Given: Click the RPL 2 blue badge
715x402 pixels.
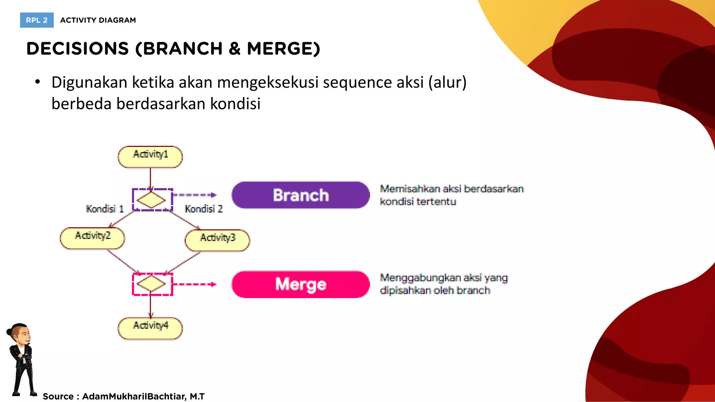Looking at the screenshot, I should point(37,20).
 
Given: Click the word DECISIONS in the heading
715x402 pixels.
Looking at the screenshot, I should point(78,49).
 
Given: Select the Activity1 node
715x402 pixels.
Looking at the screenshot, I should point(150,157).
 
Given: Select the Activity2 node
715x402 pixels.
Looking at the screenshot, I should point(93,238).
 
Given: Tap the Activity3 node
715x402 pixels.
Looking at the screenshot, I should point(217,240).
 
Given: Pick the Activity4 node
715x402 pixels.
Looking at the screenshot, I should point(150,328).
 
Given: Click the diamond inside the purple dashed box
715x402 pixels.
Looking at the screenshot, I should point(151,200).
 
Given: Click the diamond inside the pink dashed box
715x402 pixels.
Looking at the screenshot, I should point(151,284).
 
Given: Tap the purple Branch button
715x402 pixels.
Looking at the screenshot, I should point(301,195).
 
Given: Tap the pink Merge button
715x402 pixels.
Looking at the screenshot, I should point(301,284).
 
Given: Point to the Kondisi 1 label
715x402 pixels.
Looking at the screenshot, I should point(105,209).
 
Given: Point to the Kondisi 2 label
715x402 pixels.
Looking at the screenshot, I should point(204,209).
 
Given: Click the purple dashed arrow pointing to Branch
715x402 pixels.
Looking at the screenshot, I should point(195,195).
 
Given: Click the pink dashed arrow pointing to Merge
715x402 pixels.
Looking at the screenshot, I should point(195,284).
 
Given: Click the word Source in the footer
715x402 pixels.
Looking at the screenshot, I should point(58,396).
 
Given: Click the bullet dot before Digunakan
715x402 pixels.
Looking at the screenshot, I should point(38,82).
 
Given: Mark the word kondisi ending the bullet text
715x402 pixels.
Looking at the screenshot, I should point(235,104).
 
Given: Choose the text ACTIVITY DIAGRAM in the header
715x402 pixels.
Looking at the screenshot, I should point(98,20).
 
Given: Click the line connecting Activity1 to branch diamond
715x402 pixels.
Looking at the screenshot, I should point(150,178).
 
